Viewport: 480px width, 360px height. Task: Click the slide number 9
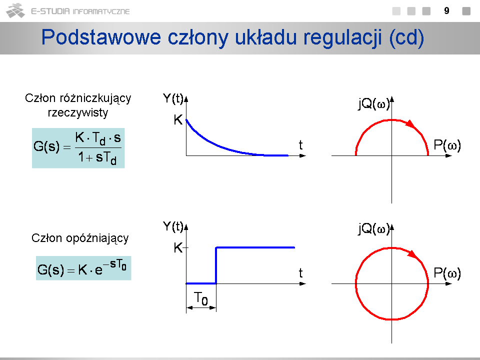point(446,10)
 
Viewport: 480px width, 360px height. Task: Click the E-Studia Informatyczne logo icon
point(15,10)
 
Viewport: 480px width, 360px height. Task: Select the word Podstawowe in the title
point(101,37)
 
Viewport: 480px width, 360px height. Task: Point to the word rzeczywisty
point(78,112)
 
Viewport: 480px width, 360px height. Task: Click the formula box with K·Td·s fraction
point(78,148)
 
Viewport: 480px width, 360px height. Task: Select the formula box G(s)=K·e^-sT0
point(83,268)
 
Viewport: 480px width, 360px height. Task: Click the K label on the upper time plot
point(178,119)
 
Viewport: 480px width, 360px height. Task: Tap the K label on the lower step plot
point(178,247)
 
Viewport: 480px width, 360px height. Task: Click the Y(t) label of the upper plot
point(173,98)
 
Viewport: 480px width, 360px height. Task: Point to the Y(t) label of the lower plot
point(173,226)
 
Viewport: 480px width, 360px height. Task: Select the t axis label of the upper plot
point(300,145)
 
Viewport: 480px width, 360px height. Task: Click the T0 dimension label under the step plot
point(201,298)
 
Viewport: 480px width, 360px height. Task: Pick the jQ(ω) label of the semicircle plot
point(374,103)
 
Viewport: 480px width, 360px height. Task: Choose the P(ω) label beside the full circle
point(447,273)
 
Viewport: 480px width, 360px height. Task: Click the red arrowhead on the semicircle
point(410,124)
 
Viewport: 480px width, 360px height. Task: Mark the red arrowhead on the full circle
point(412,254)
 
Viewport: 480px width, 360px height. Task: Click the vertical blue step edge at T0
point(216,265)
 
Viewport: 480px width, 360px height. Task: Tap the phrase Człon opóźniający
point(80,238)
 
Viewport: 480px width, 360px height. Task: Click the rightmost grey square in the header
point(466,11)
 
